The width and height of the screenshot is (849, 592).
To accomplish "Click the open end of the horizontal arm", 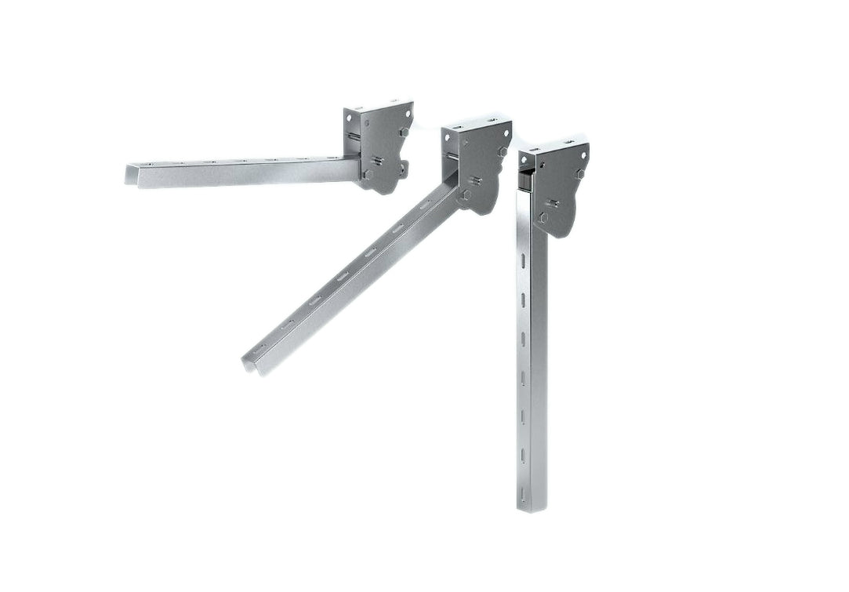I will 131,175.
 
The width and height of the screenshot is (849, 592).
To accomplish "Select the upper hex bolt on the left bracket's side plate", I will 404,133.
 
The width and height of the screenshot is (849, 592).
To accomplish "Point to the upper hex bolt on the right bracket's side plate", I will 581,174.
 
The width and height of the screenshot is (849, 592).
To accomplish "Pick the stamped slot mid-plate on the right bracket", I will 553,203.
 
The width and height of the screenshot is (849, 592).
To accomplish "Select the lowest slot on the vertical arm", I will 522,494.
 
